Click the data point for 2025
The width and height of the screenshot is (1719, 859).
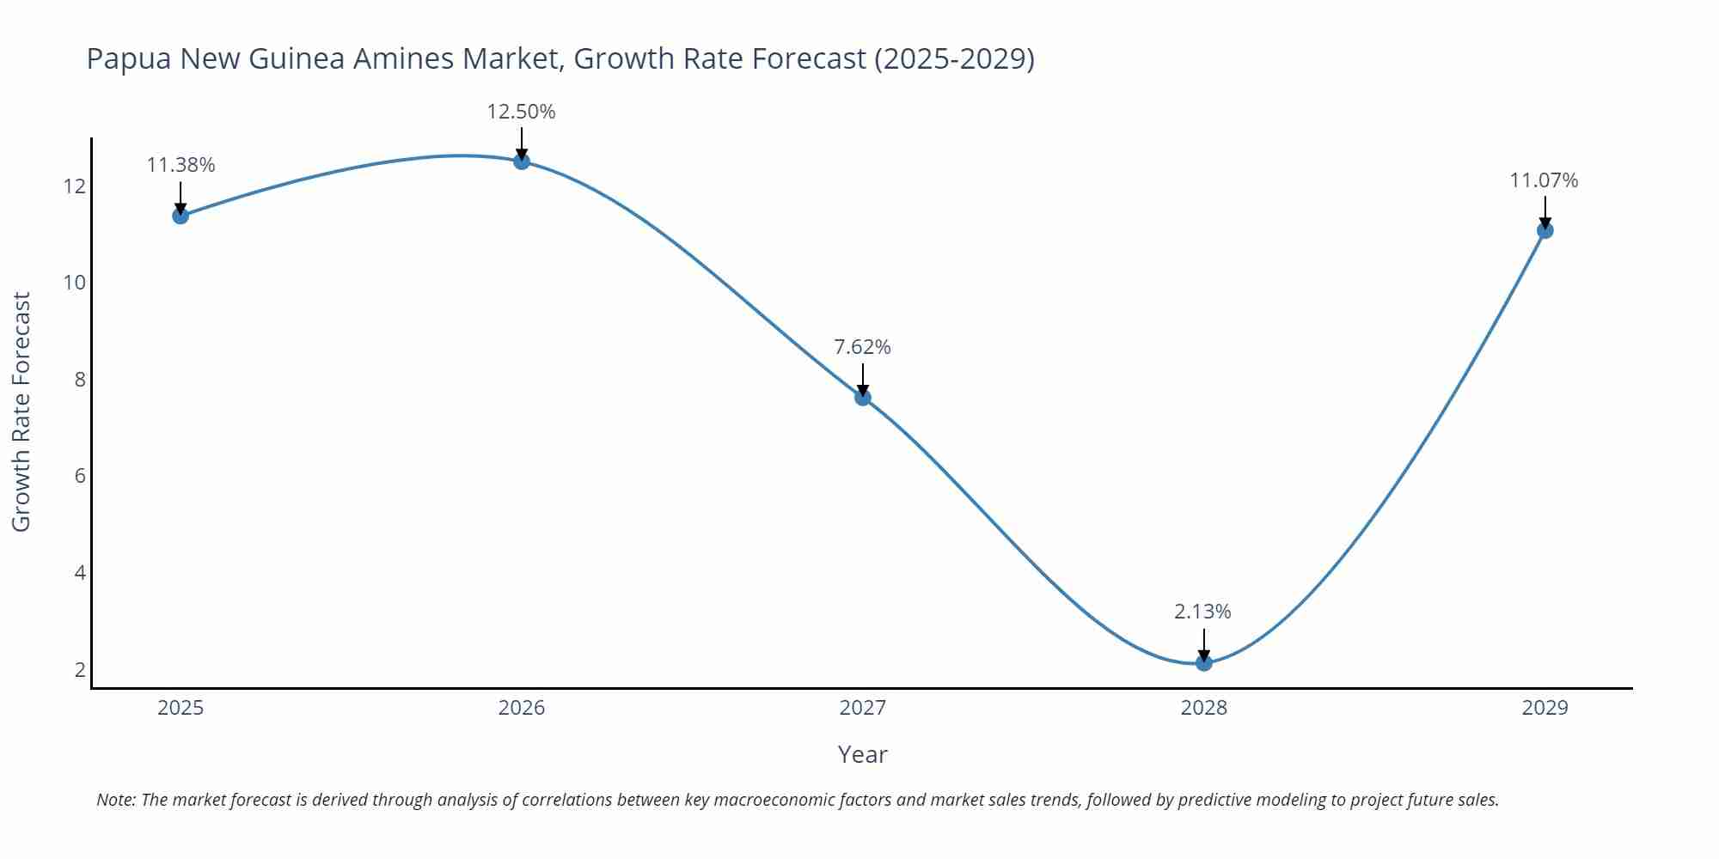(x=180, y=216)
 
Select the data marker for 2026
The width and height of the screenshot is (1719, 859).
(x=522, y=161)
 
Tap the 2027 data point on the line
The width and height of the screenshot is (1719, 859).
(x=863, y=397)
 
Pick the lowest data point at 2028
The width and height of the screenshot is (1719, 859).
(x=1204, y=662)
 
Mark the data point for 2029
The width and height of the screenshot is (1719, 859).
(x=1545, y=230)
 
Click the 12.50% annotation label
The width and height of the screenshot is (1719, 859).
(x=521, y=112)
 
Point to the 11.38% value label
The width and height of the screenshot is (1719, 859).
(x=180, y=165)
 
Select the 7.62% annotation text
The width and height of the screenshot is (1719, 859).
(x=862, y=347)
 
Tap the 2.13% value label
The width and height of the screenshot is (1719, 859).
(x=1202, y=612)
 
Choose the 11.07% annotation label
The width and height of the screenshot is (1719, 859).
(x=1544, y=180)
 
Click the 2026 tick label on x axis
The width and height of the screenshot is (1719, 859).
(x=522, y=708)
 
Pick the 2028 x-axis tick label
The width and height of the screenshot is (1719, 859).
(x=1204, y=708)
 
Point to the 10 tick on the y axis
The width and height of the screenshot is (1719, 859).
(x=75, y=283)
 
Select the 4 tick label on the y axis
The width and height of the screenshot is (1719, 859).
(x=81, y=572)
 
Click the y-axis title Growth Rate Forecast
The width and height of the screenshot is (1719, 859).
(x=21, y=411)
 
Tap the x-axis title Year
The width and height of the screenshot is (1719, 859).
(x=862, y=754)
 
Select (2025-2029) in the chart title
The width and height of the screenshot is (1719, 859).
(x=954, y=58)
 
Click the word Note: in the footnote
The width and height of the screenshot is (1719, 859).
(x=116, y=800)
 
